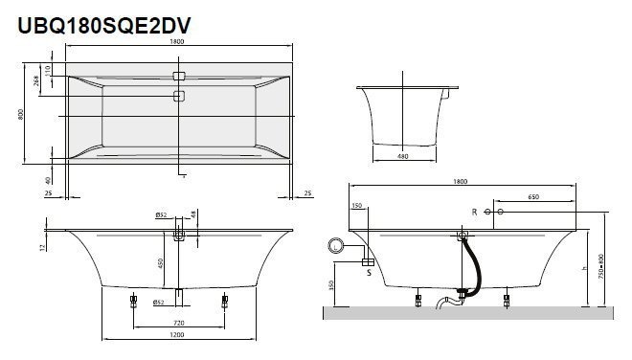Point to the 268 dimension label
pos(37,82)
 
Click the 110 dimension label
pos(48,72)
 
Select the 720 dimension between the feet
pos(178,325)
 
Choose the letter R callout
pos(473,211)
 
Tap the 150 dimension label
pos(358,205)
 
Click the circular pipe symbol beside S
pos(336,247)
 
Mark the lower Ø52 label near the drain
pos(159,303)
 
